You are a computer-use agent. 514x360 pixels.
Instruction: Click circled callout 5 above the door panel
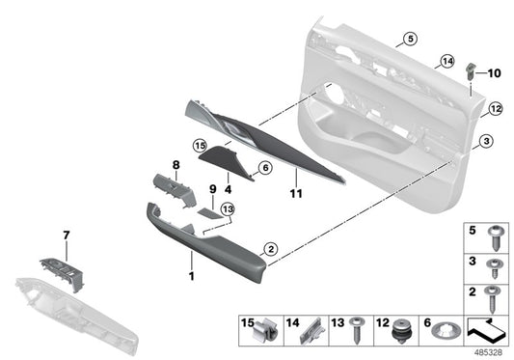pyautogui.click(x=409, y=39)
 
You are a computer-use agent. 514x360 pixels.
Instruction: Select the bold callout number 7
pyautogui.click(x=67, y=235)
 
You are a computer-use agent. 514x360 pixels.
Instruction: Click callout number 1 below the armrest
pyautogui.click(x=191, y=276)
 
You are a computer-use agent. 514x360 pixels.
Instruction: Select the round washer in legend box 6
pyautogui.click(x=446, y=331)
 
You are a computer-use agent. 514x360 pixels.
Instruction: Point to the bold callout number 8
pyautogui.click(x=176, y=165)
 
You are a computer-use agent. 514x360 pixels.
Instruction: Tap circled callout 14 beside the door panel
pyautogui.click(x=446, y=62)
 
